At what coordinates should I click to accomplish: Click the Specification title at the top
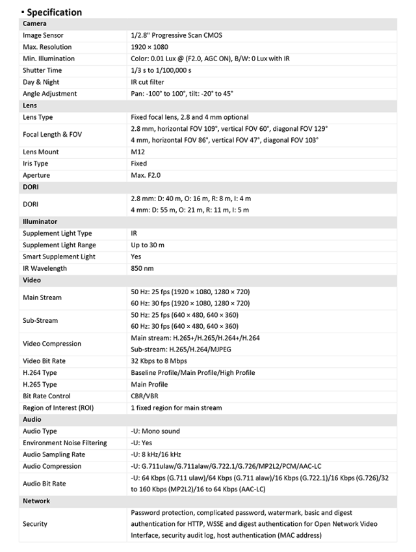coord(54,12)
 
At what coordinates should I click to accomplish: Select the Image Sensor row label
coord(43,35)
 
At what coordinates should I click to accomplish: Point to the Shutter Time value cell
coord(162,70)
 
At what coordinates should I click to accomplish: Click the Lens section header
coord(30,105)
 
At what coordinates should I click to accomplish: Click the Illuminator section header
coord(40,221)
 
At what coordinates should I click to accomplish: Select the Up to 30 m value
coord(148,245)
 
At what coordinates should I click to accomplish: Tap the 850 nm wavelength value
coord(142,268)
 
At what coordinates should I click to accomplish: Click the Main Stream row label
coord(42,297)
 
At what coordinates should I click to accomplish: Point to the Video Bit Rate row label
coord(44,361)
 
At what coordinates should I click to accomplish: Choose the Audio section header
coord(32,419)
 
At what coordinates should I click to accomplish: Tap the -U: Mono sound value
coord(155,431)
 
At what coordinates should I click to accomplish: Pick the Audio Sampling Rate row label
coord(54,454)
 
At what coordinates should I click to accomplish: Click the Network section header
coord(36,501)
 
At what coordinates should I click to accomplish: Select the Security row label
coord(35,524)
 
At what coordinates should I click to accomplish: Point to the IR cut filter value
coord(148,82)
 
